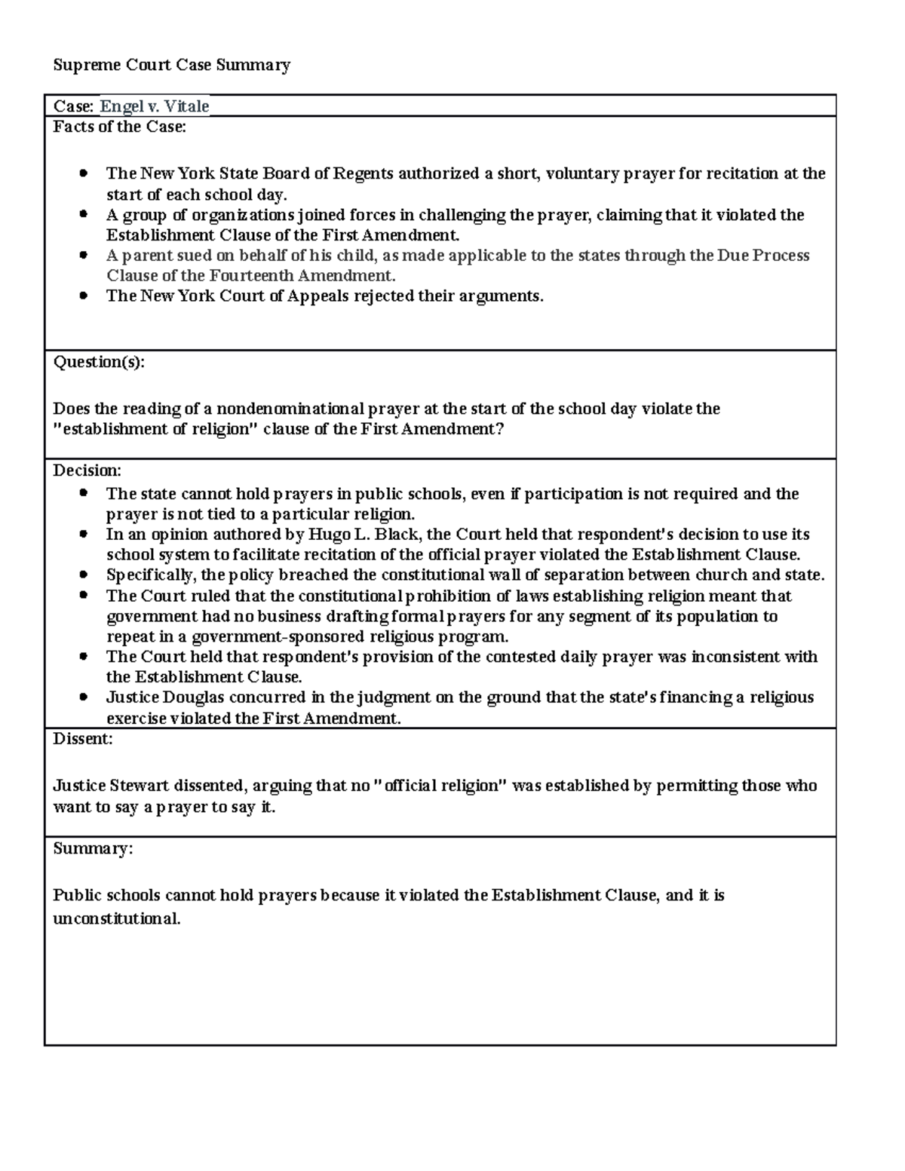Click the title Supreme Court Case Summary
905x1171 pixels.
pyautogui.click(x=171, y=65)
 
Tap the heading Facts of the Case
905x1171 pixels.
pyautogui.click(x=119, y=127)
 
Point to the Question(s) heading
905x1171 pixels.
pyautogui.click(x=98, y=362)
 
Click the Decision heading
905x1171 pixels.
pyautogui.click(x=86, y=471)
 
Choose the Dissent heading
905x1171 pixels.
pyautogui.click(x=82, y=739)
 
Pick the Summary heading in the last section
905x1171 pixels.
pyautogui.click(x=92, y=848)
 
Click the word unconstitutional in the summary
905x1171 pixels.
pyautogui.click(x=117, y=919)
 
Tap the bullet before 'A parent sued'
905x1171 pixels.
pyautogui.click(x=84, y=256)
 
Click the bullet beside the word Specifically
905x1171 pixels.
pyautogui.click(x=84, y=575)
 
